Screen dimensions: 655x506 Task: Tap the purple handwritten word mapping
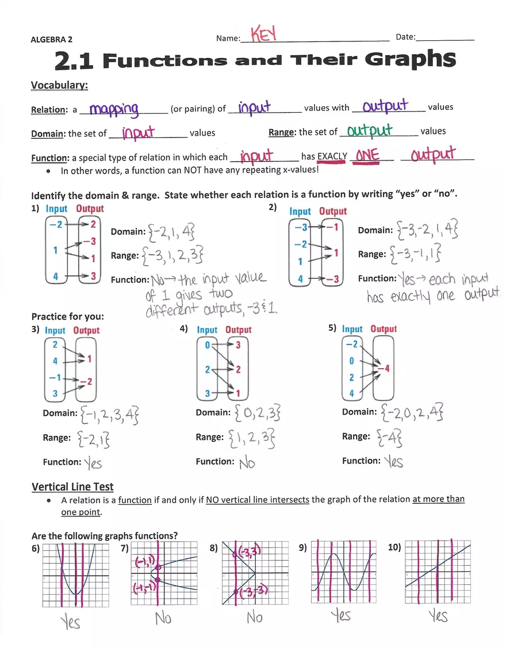[114, 108]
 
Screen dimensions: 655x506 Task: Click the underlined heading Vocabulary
[59, 85]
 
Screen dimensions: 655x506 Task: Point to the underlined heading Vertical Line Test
[72, 487]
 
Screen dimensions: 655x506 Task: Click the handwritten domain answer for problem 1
[171, 232]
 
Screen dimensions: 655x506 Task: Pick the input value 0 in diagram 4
[208, 344]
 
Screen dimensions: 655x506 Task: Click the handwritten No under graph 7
[163, 619]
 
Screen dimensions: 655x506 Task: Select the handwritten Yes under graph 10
[438, 616]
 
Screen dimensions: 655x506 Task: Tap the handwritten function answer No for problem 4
[247, 462]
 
